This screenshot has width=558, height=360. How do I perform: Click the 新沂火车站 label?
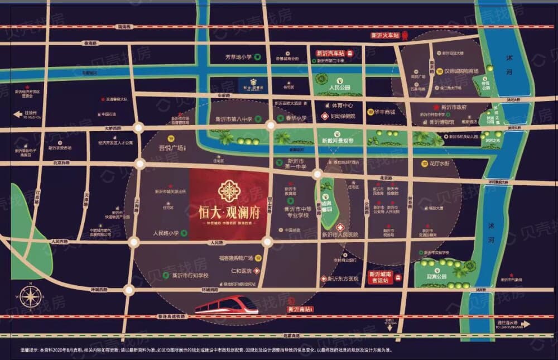coord(385,35)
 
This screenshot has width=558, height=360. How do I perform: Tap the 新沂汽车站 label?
coord(330,54)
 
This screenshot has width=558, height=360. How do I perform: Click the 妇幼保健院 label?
coord(343,116)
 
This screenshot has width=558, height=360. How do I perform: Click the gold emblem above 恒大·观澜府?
coord(229,191)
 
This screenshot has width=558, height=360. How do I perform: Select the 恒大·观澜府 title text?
coord(229,213)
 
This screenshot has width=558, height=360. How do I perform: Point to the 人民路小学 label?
coord(166,233)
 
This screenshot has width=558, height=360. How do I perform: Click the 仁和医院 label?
coord(240,270)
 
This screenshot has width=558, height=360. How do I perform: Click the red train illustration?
coord(226,305)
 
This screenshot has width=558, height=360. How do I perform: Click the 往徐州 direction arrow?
coord(18,114)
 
